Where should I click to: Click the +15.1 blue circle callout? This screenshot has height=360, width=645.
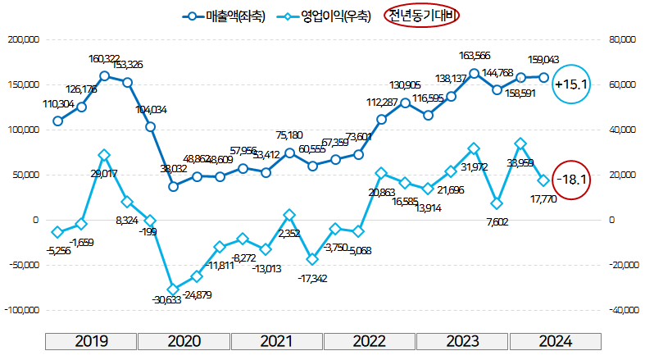point(571,84)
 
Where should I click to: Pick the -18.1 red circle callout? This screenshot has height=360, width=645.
point(571,179)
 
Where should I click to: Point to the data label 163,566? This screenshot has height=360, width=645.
point(475,56)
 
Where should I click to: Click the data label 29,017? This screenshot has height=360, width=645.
point(105,174)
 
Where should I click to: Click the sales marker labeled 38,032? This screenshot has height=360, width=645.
point(174,186)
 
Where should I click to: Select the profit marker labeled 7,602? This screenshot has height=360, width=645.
point(497,203)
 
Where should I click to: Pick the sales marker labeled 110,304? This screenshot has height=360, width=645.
point(57,121)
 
